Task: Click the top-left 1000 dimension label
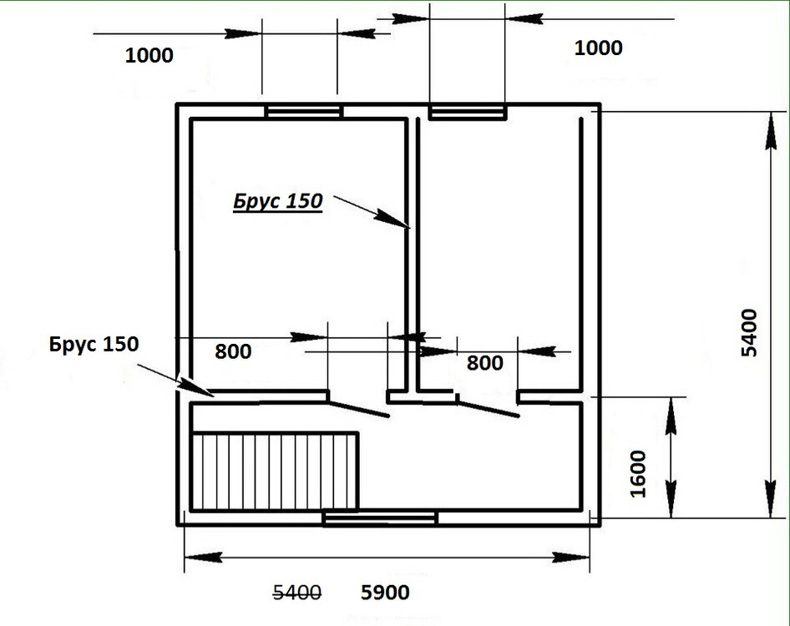[x=149, y=55]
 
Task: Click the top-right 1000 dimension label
[x=599, y=48]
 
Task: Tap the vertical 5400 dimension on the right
[x=749, y=333]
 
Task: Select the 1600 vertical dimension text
[x=638, y=474]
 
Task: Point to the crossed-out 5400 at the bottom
[x=296, y=593]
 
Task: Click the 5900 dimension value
[x=386, y=593]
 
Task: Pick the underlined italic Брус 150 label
[x=277, y=201]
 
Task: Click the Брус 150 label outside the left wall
[x=94, y=344]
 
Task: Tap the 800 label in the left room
[x=233, y=351]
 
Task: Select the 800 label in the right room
[x=484, y=363]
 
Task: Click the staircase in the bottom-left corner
[x=275, y=472]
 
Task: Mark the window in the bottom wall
[x=381, y=518]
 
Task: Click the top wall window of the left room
[x=304, y=111]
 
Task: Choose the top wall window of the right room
[x=468, y=111]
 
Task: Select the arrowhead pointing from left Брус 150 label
[x=196, y=388]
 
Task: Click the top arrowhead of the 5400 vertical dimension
[x=770, y=131]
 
